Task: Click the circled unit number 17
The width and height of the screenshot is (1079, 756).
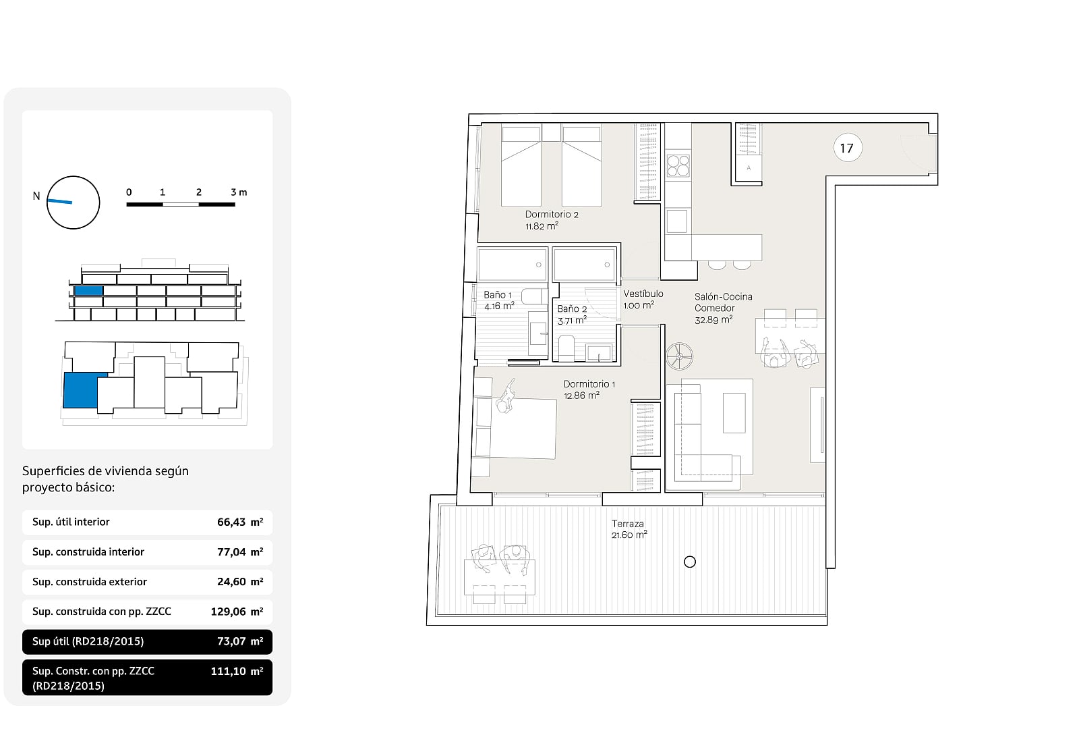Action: pyautogui.click(x=847, y=148)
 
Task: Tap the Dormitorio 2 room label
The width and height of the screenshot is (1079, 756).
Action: pyautogui.click(x=552, y=220)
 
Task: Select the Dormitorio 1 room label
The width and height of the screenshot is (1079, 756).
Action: pyautogui.click(x=589, y=389)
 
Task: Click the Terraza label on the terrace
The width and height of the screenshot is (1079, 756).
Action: pyautogui.click(x=629, y=529)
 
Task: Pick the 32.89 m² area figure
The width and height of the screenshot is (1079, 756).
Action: pyautogui.click(x=713, y=320)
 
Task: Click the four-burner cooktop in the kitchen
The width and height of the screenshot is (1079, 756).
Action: pyautogui.click(x=678, y=165)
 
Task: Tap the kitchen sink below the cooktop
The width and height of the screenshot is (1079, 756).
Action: pyautogui.click(x=677, y=221)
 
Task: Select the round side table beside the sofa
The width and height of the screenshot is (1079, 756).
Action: pyautogui.click(x=680, y=356)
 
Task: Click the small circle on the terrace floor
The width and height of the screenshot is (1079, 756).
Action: pyautogui.click(x=690, y=562)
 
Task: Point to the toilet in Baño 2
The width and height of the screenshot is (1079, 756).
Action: pyautogui.click(x=566, y=348)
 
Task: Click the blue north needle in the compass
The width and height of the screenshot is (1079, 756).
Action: pyautogui.click(x=60, y=201)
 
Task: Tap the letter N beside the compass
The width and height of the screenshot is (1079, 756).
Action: pyautogui.click(x=36, y=196)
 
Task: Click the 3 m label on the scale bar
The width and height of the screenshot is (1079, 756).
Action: pyautogui.click(x=239, y=192)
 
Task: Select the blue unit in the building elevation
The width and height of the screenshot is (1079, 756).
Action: pyautogui.click(x=88, y=290)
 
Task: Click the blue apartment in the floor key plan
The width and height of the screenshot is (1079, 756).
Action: pyautogui.click(x=82, y=390)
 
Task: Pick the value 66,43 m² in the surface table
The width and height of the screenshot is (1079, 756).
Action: pyautogui.click(x=240, y=522)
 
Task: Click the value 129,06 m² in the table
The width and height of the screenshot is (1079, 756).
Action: pyautogui.click(x=237, y=612)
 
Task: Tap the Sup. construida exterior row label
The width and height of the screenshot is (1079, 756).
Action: pyautogui.click(x=90, y=581)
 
